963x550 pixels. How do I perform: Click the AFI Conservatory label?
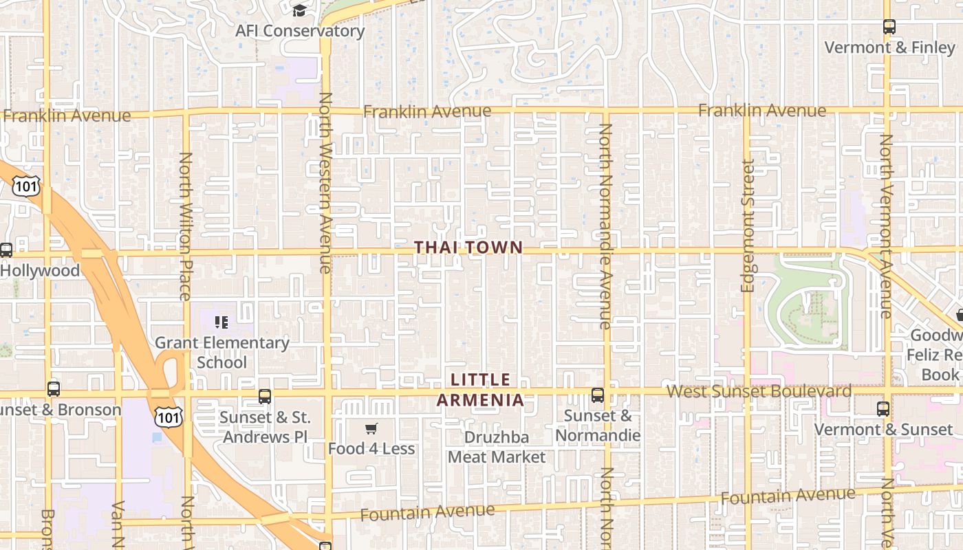click(300, 31)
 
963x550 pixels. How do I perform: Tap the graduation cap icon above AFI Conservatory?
click(299, 10)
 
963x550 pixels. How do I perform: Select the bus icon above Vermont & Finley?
click(889, 27)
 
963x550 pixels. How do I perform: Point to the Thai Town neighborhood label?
click(468, 247)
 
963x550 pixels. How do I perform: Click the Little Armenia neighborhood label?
click(481, 390)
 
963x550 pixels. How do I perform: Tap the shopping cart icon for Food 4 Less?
click(371, 429)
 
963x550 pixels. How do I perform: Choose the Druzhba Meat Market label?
click(497, 448)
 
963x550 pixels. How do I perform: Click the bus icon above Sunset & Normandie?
click(598, 395)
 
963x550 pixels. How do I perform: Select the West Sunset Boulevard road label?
click(759, 391)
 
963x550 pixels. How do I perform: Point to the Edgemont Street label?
click(748, 225)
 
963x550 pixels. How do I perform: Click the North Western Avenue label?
click(325, 183)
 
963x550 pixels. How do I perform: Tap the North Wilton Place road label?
click(185, 226)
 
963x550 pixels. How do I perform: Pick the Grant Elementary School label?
click(221, 352)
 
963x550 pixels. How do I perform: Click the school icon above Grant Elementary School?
click(221, 322)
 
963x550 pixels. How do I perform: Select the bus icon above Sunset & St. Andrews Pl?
click(265, 397)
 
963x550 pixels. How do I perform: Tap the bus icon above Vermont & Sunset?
click(883, 409)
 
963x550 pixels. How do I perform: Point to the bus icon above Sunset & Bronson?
click(54, 389)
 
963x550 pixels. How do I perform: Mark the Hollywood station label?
click(40, 270)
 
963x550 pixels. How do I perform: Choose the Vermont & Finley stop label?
click(889, 47)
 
